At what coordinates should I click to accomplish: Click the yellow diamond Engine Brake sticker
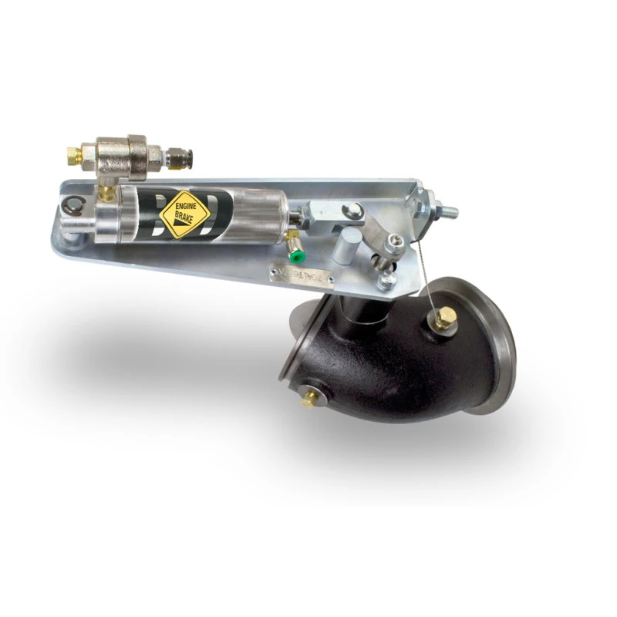185,214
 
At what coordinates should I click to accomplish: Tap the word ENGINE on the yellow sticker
184,206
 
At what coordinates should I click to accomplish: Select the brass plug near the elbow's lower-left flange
308,397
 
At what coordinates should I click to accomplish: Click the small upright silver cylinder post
346,248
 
